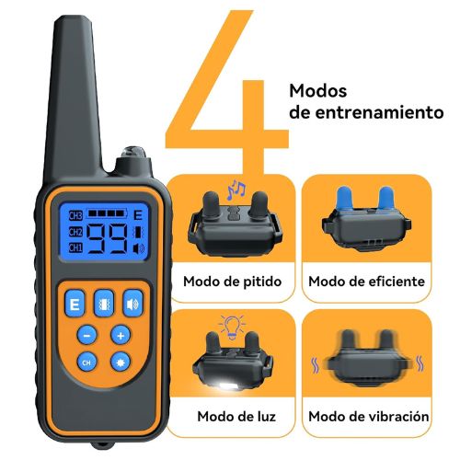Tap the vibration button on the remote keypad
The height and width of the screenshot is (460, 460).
point(104,304)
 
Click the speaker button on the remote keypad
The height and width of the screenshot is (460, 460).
point(133,304)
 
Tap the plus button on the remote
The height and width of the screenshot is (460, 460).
point(121,335)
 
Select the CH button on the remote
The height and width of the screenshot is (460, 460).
point(86,362)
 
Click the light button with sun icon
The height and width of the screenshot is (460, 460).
point(121,362)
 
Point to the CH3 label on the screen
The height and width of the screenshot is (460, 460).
point(75,215)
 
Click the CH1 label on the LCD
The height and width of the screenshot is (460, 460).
point(75,247)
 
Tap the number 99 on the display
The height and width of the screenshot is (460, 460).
point(107,238)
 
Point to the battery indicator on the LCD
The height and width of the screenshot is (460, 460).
point(107,213)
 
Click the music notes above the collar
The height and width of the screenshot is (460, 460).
point(236,190)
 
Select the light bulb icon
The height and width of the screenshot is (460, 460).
point(232,327)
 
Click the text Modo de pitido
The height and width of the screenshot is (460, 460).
point(232,282)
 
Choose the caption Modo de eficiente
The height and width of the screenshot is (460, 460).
point(367,282)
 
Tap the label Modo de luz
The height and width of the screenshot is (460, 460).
point(236,416)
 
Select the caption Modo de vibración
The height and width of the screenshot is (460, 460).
point(369,416)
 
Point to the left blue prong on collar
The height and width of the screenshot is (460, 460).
point(345,199)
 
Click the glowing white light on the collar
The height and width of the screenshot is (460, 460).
point(226,385)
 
